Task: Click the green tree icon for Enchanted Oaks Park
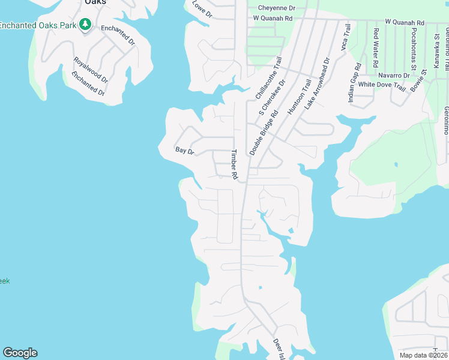coord(86,25)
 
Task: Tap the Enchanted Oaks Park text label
coord(38,25)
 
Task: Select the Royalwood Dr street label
coord(91,70)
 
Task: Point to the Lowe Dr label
coord(202,9)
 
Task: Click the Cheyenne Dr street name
coord(277,8)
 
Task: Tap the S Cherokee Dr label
coord(273,96)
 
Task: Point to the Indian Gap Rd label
coord(354,82)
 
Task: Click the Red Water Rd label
coord(376,47)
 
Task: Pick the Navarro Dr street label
coord(394,76)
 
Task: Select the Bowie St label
coord(419,80)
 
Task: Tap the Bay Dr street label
coord(185,151)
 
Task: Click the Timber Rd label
coord(235,164)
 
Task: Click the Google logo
coord(20,353)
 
